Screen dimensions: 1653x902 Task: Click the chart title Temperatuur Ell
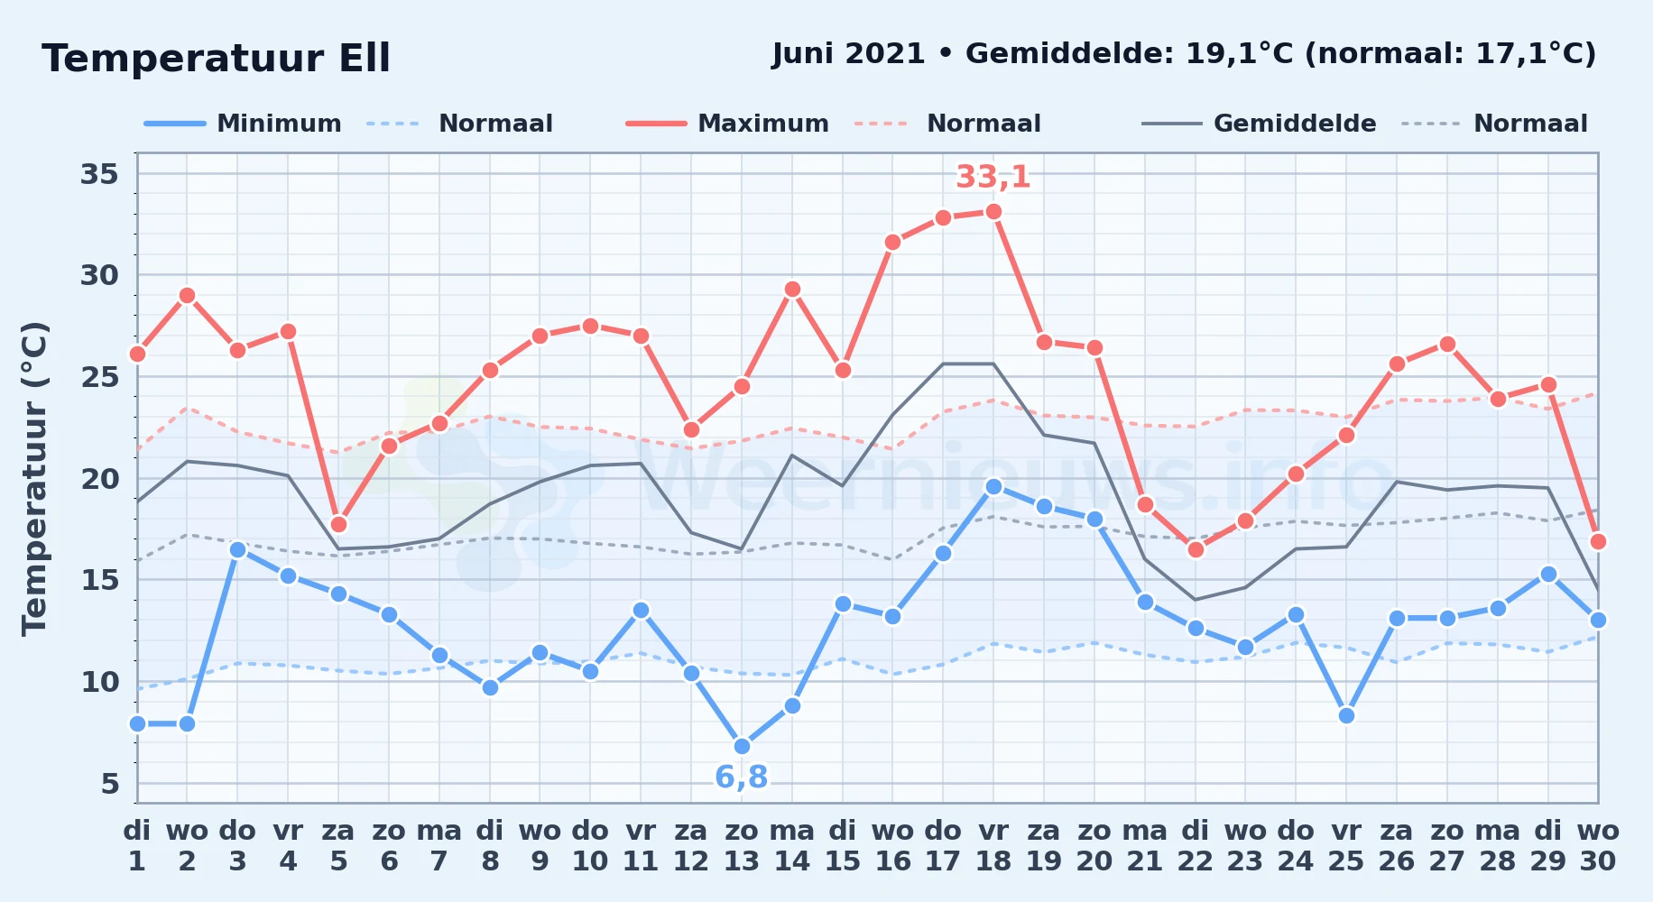coord(216,59)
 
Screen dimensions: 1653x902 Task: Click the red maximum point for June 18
coord(993,212)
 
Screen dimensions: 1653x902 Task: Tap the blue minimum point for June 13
coord(742,746)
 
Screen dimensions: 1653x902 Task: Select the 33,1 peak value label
coord(993,177)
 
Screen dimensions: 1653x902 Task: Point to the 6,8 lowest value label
coord(742,777)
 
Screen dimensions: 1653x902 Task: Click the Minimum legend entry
coord(243,124)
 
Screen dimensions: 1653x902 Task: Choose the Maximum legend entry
coord(727,124)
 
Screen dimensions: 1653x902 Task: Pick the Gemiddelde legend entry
coord(1260,124)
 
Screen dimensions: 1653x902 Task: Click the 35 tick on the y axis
coord(99,173)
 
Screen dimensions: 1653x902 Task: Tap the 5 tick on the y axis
coord(110,783)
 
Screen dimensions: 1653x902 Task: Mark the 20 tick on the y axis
coord(99,478)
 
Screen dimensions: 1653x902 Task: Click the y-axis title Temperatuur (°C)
coord(34,478)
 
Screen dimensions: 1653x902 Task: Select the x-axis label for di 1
coord(137,845)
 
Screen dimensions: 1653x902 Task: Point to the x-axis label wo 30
coord(1598,845)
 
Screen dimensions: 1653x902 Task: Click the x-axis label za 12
coord(691,845)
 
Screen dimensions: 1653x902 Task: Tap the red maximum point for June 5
coord(338,524)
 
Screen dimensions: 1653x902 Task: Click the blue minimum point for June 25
coord(1346,715)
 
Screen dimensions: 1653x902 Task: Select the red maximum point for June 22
coord(1196,549)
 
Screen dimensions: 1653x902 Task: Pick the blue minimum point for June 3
coord(237,549)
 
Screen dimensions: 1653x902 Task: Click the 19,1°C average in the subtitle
coord(1240,54)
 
